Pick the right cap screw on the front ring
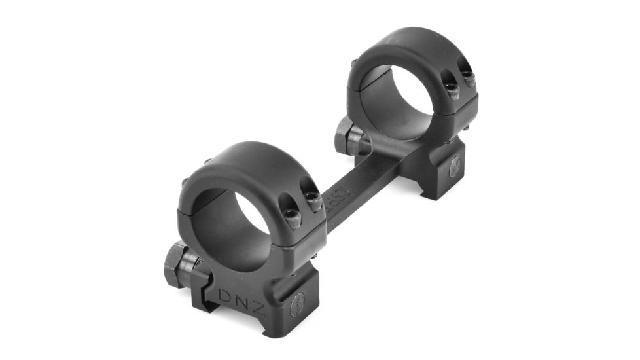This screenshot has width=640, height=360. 315,202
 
